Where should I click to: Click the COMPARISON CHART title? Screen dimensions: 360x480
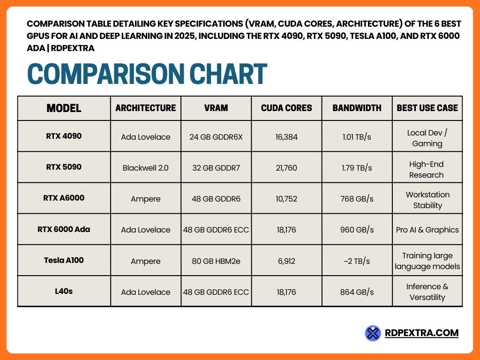click(x=147, y=74)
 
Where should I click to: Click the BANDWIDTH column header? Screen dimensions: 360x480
click(x=357, y=108)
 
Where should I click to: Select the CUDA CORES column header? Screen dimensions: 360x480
click(x=286, y=108)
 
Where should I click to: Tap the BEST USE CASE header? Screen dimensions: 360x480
click(x=427, y=108)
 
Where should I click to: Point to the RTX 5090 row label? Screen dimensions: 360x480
click(x=64, y=167)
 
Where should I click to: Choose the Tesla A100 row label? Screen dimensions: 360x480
click(x=64, y=260)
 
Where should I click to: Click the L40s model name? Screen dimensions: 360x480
click(x=64, y=291)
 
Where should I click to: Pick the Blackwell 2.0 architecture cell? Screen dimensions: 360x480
click(x=146, y=167)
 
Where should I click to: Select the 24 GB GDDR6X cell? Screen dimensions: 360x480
click(x=216, y=137)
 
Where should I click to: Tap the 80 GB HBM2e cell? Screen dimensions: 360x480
click(x=216, y=261)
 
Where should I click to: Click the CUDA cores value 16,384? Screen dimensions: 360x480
click(x=286, y=137)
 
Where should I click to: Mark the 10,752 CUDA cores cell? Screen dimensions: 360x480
click(x=286, y=199)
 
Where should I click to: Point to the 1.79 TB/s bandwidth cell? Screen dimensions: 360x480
click(x=357, y=167)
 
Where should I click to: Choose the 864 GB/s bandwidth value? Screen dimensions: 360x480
click(x=357, y=292)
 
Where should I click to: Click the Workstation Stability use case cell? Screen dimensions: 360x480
click(x=427, y=200)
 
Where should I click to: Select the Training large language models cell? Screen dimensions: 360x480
click(x=427, y=261)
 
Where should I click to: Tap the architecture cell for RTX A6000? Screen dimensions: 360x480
click(x=146, y=199)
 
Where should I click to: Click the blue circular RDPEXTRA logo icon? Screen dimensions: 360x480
click(x=373, y=333)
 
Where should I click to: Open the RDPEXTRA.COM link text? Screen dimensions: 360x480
click(x=421, y=333)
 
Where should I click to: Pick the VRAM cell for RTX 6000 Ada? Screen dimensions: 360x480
click(x=216, y=230)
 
